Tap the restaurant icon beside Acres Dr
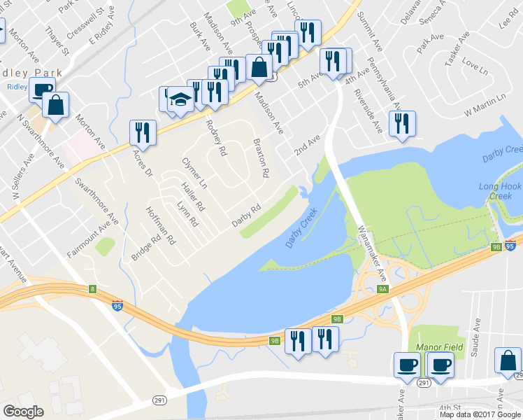point(143,132)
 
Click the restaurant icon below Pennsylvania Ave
point(402,124)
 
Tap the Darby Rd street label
point(246,216)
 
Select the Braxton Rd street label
point(260,158)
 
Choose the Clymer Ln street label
point(195,173)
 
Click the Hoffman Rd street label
point(161,226)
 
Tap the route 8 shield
point(92,289)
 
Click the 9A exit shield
point(382,288)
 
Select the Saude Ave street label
point(476,336)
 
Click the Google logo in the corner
point(24,412)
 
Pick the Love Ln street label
point(474,69)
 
